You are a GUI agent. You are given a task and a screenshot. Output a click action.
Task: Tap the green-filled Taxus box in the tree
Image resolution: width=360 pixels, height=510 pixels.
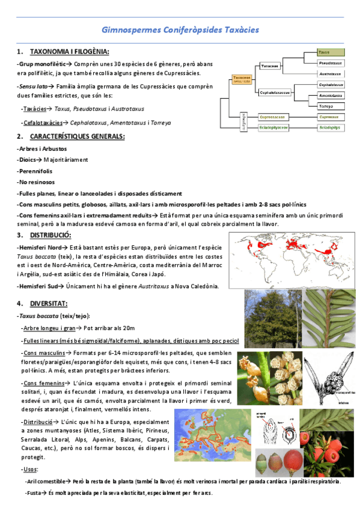click(331, 52)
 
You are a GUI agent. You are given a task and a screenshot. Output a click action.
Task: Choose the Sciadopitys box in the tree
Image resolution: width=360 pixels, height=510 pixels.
click(331, 127)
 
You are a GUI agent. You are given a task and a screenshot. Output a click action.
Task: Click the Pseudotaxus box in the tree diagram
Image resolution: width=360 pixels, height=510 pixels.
click(331, 63)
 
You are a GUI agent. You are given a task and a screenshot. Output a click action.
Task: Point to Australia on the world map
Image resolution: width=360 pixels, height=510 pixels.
click(327, 271)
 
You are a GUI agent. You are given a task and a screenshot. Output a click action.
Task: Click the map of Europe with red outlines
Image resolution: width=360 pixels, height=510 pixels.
click(217, 434)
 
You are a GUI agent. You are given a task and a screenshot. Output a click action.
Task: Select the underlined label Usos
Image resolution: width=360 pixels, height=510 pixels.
click(29, 469)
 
